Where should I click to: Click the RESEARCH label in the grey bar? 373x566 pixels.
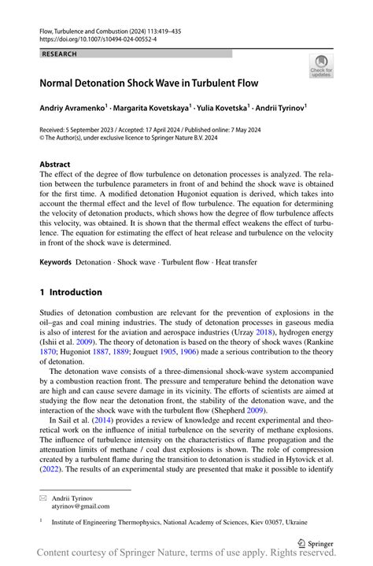pyautogui.click(x=60, y=54)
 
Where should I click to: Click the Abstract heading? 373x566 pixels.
pyautogui.click(x=60, y=165)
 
